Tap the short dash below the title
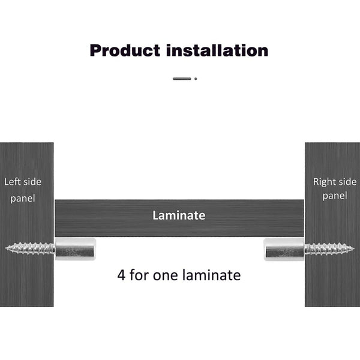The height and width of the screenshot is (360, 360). [x=182, y=78]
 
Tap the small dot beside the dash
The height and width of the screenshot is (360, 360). [x=196, y=78]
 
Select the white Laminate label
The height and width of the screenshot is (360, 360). [x=179, y=215]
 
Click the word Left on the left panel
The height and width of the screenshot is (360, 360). [x=13, y=182]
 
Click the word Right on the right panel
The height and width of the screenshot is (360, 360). [x=325, y=182]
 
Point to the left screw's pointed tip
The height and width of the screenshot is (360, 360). [x=7, y=247]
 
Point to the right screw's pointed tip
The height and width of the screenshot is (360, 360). [x=353, y=248]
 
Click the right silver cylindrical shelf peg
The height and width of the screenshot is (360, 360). [x=284, y=248]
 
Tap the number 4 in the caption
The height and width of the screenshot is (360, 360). [x=121, y=275]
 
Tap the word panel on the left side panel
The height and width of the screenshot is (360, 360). [x=23, y=198]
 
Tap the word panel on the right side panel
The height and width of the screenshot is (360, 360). [x=334, y=196]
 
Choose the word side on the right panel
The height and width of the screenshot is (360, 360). [x=347, y=182]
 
